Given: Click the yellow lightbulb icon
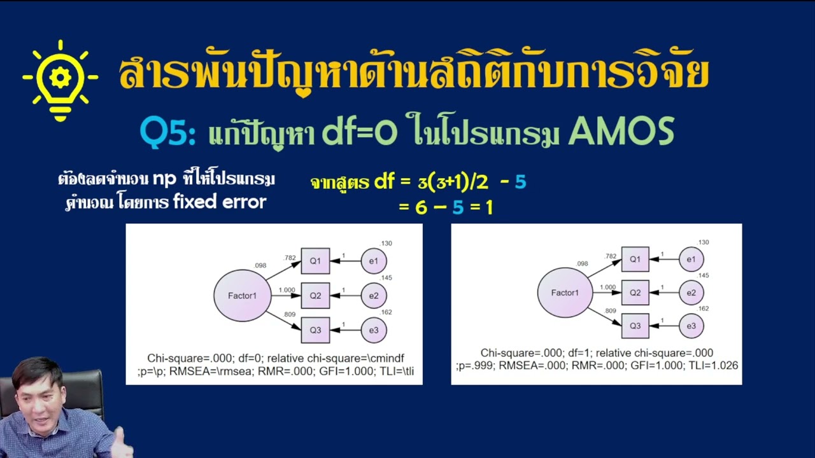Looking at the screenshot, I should (60, 80).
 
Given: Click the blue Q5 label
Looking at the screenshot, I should (167, 133).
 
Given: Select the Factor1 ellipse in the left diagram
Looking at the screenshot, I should (243, 295).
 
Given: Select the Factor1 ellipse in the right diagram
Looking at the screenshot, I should (565, 293).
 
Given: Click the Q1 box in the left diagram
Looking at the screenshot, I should (315, 261).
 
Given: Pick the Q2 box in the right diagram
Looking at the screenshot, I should (635, 293).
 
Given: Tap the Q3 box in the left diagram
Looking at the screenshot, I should (315, 330).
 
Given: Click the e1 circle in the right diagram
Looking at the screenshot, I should (691, 259).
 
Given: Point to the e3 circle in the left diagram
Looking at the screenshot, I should (374, 330).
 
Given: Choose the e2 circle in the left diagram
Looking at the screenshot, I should (374, 296).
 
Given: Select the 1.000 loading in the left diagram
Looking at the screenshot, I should (287, 290).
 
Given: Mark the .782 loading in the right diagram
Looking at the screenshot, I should (611, 256).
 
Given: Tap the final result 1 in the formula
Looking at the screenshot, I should (489, 207).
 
